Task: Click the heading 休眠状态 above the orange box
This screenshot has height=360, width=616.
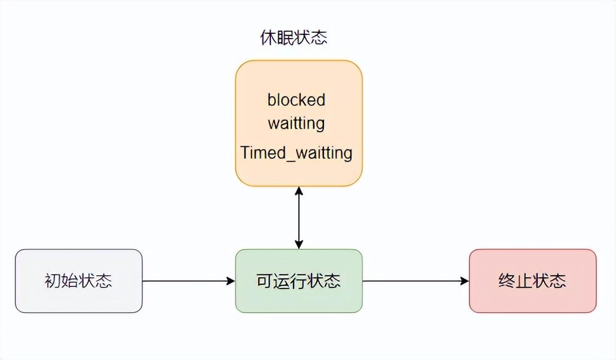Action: click(x=293, y=38)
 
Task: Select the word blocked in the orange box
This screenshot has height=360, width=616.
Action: click(x=296, y=100)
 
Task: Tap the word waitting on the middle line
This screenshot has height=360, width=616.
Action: click(x=296, y=123)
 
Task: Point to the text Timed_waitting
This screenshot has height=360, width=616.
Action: click(x=296, y=152)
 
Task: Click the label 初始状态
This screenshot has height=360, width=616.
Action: click(x=78, y=281)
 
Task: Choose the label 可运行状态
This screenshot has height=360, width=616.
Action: click(x=298, y=281)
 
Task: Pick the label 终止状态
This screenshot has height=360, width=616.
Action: click(x=532, y=281)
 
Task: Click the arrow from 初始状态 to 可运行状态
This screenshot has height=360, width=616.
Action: click(x=188, y=281)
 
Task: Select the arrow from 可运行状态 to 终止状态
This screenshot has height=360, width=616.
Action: click(x=415, y=281)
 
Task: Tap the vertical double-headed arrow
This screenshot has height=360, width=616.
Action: click(x=299, y=218)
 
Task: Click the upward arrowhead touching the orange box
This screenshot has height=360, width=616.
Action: click(x=299, y=190)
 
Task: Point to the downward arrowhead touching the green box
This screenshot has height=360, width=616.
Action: click(x=299, y=245)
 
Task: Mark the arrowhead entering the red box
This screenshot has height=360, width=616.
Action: click(x=465, y=281)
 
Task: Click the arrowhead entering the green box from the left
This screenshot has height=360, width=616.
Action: click(x=231, y=281)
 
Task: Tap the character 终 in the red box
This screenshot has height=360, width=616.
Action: click(x=506, y=281)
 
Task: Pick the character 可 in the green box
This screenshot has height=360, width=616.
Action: click(x=265, y=281)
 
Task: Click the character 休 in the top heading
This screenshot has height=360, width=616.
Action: click(x=268, y=38)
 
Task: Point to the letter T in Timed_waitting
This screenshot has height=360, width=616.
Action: click(x=245, y=152)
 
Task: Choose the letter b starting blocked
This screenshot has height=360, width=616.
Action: click(x=271, y=100)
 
